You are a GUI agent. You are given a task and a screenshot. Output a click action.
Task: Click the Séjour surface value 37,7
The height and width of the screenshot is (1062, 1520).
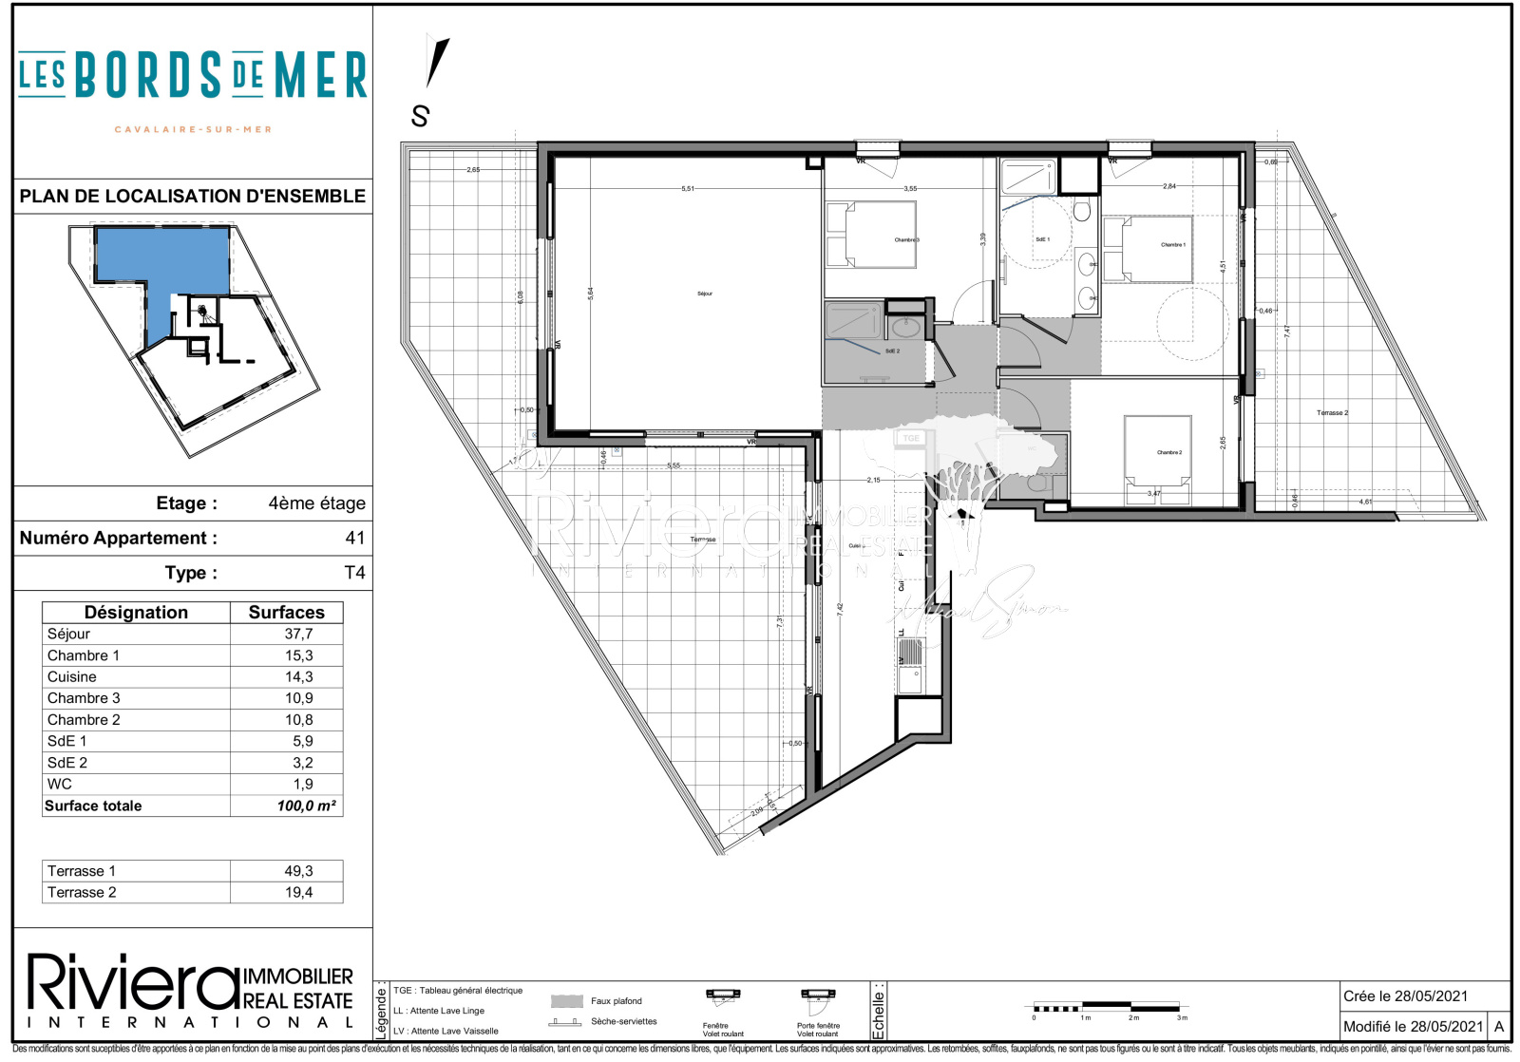click(298, 634)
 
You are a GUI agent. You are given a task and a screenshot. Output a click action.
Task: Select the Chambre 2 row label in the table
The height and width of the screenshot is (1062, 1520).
click(84, 720)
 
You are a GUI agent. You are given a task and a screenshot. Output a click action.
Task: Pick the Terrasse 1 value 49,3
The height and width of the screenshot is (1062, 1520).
click(298, 871)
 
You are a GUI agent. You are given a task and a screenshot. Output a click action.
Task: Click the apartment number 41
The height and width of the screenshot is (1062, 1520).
click(354, 538)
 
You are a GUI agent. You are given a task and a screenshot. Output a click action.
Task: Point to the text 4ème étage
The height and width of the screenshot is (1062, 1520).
click(316, 503)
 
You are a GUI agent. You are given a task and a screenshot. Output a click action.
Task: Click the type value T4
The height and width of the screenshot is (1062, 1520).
click(354, 573)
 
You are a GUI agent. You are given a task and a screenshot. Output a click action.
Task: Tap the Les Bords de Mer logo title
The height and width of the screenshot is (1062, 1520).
click(193, 76)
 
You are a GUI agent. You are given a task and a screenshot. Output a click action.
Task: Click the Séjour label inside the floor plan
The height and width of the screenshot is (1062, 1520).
click(704, 294)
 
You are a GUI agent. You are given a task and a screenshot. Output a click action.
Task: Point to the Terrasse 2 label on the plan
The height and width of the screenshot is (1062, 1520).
click(1332, 413)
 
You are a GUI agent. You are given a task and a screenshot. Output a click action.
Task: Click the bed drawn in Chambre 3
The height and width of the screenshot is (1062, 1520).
click(869, 235)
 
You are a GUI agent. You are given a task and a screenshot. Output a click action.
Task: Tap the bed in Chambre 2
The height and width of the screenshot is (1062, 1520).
click(1157, 456)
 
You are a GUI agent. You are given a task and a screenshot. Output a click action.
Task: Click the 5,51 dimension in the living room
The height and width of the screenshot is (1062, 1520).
click(687, 189)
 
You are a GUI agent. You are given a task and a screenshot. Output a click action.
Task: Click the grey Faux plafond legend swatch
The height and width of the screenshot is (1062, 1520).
click(567, 1001)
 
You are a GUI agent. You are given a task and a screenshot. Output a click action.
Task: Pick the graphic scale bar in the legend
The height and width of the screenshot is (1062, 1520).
click(1107, 1007)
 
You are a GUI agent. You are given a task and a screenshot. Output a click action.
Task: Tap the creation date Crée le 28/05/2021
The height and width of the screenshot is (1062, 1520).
click(1405, 996)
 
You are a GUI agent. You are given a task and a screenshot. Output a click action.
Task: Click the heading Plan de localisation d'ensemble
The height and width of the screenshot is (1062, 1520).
click(193, 197)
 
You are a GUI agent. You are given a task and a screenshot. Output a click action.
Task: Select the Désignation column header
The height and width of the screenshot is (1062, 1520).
click(136, 613)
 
